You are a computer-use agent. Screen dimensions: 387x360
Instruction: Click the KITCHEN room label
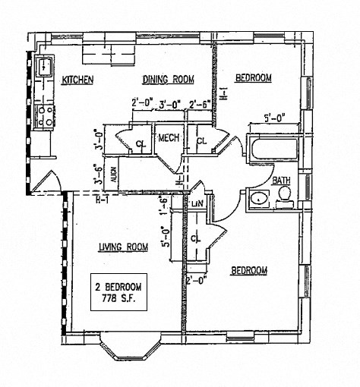(x=78, y=79)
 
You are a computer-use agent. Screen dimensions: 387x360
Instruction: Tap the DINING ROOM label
(x=169, y=78)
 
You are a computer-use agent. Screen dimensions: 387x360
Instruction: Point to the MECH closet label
(x=168, y=138)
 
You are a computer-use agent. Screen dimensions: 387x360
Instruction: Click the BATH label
(x=282, y=180)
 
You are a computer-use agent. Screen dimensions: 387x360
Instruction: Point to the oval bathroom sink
(x=258, y=198)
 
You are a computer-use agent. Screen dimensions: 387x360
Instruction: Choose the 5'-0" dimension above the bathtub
(x=274, y=118)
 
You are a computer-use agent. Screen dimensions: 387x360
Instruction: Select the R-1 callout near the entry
(x=103, y=200)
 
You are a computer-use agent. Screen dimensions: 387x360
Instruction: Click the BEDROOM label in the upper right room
(x=253, y=78)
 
